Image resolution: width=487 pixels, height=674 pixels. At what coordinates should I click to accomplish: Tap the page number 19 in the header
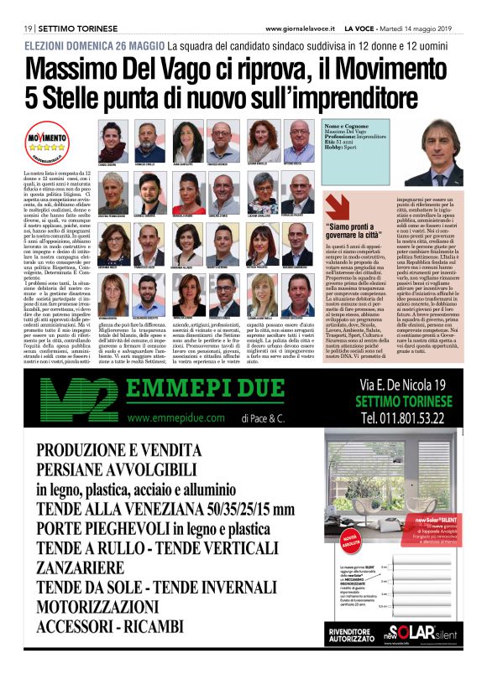point(28,29)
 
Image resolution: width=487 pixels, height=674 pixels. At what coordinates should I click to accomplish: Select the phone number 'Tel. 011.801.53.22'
point(403,417)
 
